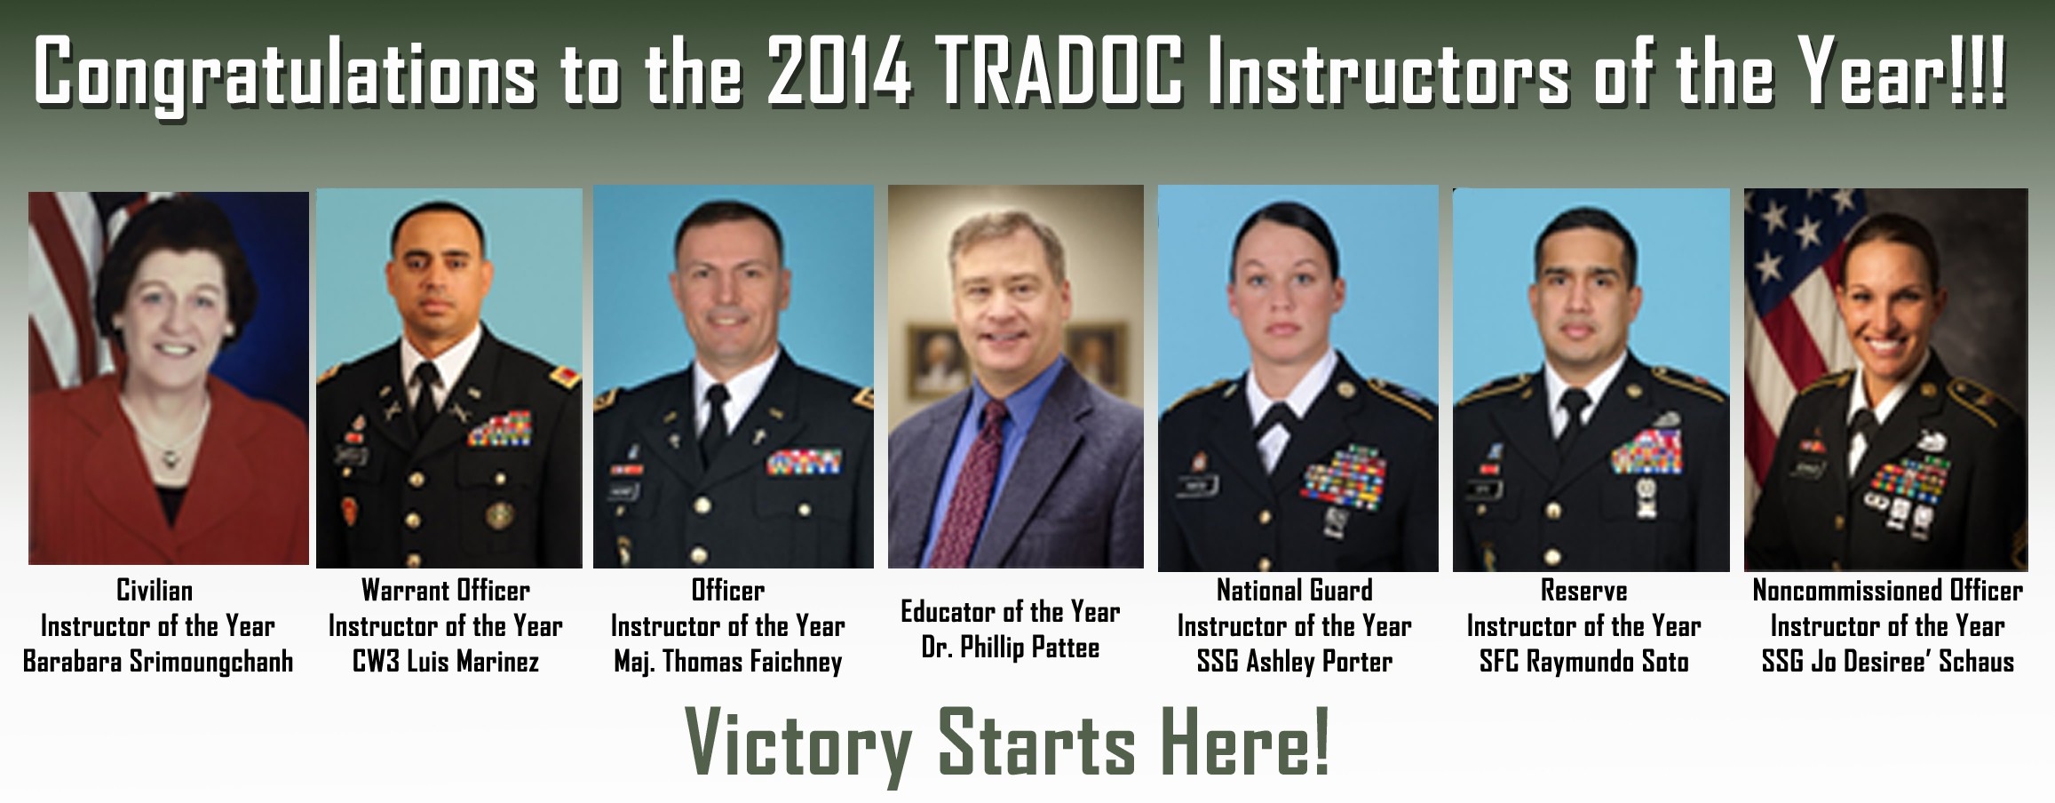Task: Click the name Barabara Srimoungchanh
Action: (158, 663)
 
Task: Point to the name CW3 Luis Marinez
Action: (446, 663)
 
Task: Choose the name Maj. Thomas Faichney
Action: (728, 663)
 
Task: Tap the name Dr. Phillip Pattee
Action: (1011, 648)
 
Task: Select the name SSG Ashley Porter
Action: (1295, 663)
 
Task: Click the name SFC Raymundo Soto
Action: (1584, 663)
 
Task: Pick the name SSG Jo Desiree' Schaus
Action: (1888, 663)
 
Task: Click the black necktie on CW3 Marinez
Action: (425, 398)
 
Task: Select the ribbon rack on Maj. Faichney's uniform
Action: (805, 460)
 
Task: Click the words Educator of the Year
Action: (1011, 612)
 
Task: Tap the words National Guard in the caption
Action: (1295, 591)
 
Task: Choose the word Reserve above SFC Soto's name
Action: (1584, 591)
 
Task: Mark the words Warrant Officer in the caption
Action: (446, 591)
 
